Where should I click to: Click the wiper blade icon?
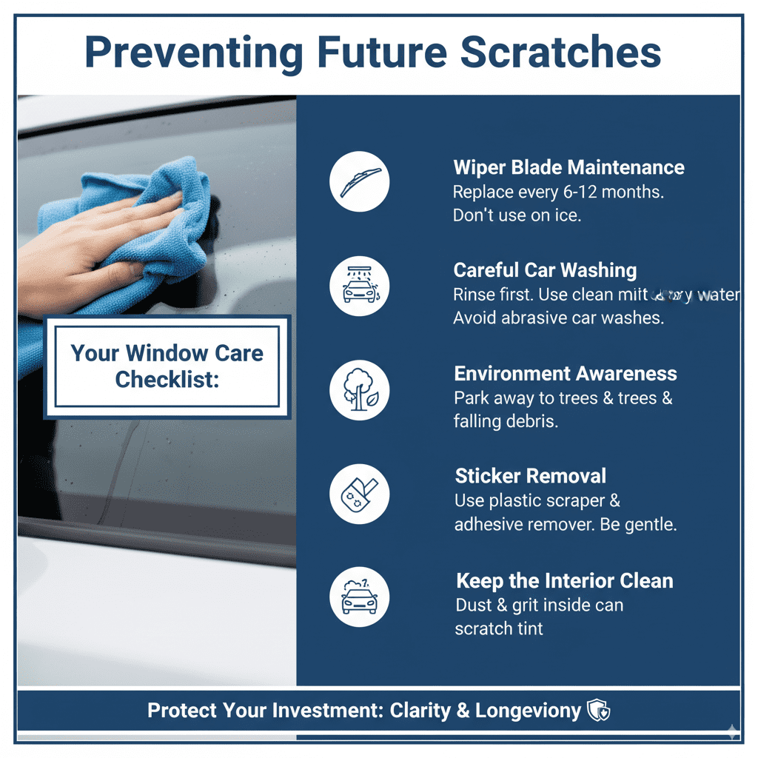(360, 182)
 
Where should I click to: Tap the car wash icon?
(360, 286)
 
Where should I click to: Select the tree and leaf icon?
(360, 389)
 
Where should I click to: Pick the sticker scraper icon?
(360, 494)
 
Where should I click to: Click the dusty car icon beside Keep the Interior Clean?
(360, 597)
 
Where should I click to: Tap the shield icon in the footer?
(597, 711)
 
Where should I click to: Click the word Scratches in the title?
(560, 53)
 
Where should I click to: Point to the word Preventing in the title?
(194, 53)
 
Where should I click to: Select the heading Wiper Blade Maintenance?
(568, 167)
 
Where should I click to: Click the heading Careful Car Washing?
(545, 270)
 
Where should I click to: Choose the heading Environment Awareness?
(566, 373)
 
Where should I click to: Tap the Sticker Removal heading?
(530, 475)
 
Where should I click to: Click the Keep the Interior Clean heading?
(564, 580)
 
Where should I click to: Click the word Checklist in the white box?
(167, 379)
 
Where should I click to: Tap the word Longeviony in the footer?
(528, 711)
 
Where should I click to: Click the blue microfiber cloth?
(141, 222)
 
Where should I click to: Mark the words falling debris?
(506, 421)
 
